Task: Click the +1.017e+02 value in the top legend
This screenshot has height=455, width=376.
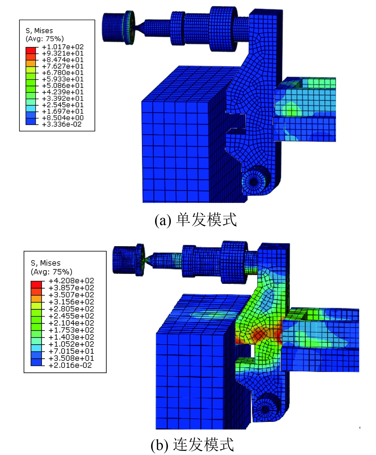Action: (x=63, y=47)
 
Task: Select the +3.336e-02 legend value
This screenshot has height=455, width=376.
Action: (x=62, y=124)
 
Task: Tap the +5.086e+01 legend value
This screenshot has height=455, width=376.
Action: (x=63, y=86)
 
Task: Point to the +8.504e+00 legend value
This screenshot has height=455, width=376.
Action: (x=63, y=118)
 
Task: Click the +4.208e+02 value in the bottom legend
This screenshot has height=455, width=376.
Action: (x=71, y=281)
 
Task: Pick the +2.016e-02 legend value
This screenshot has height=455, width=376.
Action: (x=70, y=365)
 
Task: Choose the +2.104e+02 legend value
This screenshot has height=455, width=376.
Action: (x=71, y=323)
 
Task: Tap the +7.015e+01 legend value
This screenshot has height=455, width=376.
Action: (x=71, y=351)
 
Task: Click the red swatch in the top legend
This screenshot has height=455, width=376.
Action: (x=31, y=50)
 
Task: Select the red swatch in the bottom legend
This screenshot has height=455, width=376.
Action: (x=36, y=284)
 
